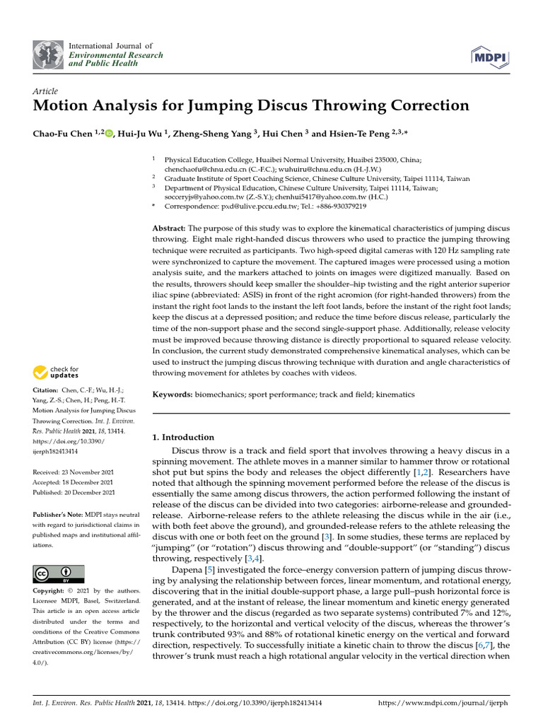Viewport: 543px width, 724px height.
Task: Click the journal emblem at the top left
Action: pyautogui.click(x=48, y=55)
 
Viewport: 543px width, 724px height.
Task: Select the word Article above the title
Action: pyautogui.click(x=45, y=91)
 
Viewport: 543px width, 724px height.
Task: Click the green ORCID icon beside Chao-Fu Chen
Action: pyautogui.click(x=109, y=133)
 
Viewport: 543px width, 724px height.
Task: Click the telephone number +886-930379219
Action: pyautogui.click(x=342, y=206)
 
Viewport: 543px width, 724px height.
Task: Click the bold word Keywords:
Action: pyautogui.click(x=173, y=394)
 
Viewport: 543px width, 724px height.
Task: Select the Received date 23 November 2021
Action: pyautogui.click(x=89, y=472)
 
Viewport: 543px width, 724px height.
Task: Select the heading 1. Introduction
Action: pyautogui.click(x=183, y=437)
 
